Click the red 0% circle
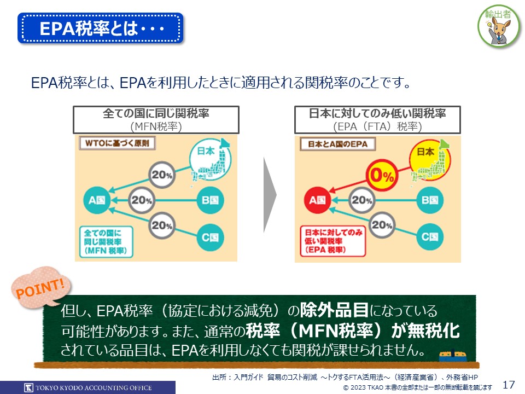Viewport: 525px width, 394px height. pos(382,175)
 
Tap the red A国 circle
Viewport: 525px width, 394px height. pos(317,200)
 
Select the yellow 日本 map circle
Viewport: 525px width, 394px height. pos(430,160)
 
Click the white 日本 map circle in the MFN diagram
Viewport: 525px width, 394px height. pos(210,159)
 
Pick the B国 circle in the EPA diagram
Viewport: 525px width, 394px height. pos(430,200)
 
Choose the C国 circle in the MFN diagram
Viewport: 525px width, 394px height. pos(210,237)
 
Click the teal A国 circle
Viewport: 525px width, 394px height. pos(97,200)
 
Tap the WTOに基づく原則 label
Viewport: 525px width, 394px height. pos(117,143)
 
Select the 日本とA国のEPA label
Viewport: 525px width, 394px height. pos(337,144)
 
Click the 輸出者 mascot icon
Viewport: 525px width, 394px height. pos(499,26)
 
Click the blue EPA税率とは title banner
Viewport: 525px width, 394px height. pos(101,28)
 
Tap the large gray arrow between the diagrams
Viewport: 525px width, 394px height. pos(270,195)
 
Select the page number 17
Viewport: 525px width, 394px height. pos(509,385)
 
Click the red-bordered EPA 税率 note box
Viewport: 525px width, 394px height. pos(333,241)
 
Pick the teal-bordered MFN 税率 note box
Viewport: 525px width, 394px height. pos(106,242)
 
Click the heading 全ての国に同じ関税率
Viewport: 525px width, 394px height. pos(156,114)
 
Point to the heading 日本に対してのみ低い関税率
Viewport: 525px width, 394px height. pos(377,114)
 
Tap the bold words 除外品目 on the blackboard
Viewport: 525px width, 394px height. pos(334,310)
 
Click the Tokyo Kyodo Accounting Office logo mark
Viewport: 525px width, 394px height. pos(29,387)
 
